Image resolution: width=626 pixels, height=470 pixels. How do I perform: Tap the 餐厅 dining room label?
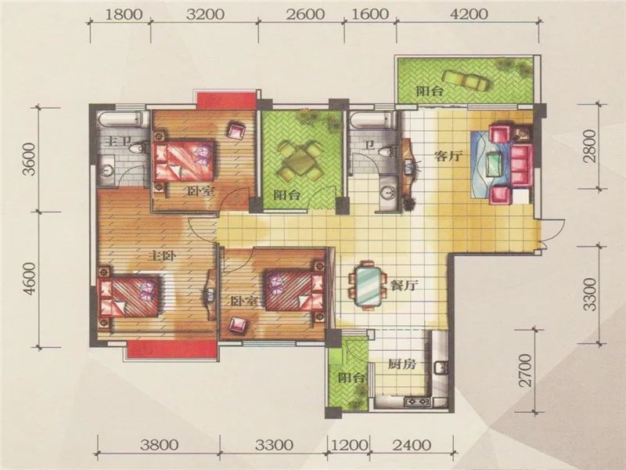[404, 285]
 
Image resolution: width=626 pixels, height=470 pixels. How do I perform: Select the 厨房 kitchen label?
[402, 364]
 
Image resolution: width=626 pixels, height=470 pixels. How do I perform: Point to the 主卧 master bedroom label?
[162, 256]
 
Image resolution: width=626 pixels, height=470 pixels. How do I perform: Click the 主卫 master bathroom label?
[119, 141]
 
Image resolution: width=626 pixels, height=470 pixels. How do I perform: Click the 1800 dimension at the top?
[124, 14]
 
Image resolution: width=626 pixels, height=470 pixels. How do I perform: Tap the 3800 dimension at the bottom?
[160, 445]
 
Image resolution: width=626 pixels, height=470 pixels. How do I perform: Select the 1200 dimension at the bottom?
[349, 445]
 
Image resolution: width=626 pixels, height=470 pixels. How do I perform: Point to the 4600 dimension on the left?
[29, 280]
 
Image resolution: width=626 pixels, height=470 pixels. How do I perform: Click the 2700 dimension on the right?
[527, 370]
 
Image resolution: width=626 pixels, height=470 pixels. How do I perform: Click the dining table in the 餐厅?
[368, 286]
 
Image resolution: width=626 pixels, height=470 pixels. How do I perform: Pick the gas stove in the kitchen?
[417, 401]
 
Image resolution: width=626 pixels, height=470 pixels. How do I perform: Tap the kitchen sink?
[441, 367]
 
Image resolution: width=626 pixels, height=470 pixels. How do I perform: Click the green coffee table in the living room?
[495, 164]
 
